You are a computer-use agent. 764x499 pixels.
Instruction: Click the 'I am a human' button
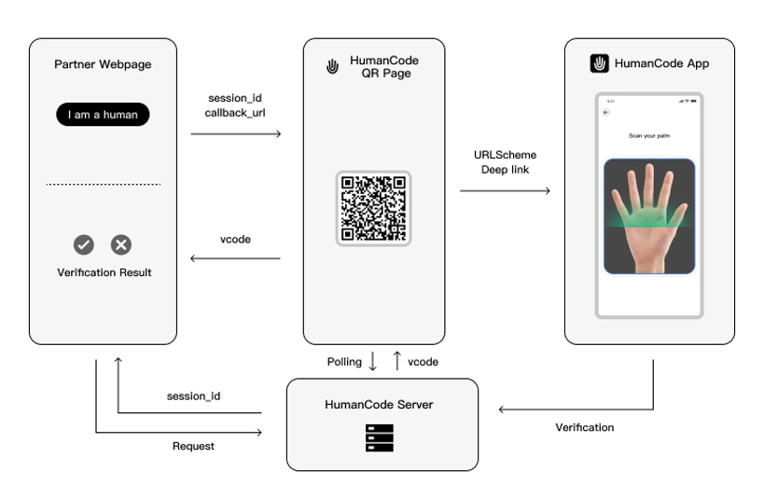[103, 115]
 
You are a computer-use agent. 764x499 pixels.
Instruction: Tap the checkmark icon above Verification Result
[84, 244]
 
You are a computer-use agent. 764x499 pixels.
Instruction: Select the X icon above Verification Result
[121, 244]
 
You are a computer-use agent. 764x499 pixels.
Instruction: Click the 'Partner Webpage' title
[103, 64]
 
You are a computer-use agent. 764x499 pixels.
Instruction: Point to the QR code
[373, 208]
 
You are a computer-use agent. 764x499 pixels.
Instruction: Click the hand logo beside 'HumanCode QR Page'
[331, 67]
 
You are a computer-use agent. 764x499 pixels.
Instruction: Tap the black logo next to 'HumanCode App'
[600, 63]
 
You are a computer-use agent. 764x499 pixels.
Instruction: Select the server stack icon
[380, 437]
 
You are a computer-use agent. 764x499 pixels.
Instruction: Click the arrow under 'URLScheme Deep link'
[505, 191]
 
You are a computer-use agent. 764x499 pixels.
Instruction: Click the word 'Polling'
[344, 362]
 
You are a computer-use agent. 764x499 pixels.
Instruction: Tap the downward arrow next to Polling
[372, 362]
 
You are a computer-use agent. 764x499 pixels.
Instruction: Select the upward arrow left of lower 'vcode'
[396, 361]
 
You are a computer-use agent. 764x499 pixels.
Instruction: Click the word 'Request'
[193, 446]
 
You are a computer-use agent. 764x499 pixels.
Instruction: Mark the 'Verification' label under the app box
[585, 427]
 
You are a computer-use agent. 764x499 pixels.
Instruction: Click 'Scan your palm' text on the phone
[649, 136]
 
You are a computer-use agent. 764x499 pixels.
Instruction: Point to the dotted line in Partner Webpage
[103, 184]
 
